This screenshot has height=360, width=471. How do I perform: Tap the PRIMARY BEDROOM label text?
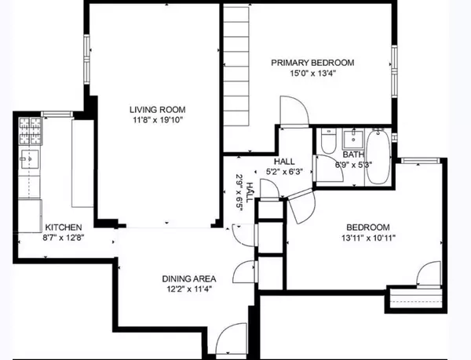point(312,63)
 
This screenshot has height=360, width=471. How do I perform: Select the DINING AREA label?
point(189,278)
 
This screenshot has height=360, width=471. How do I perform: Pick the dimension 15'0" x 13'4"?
point(312,75)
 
